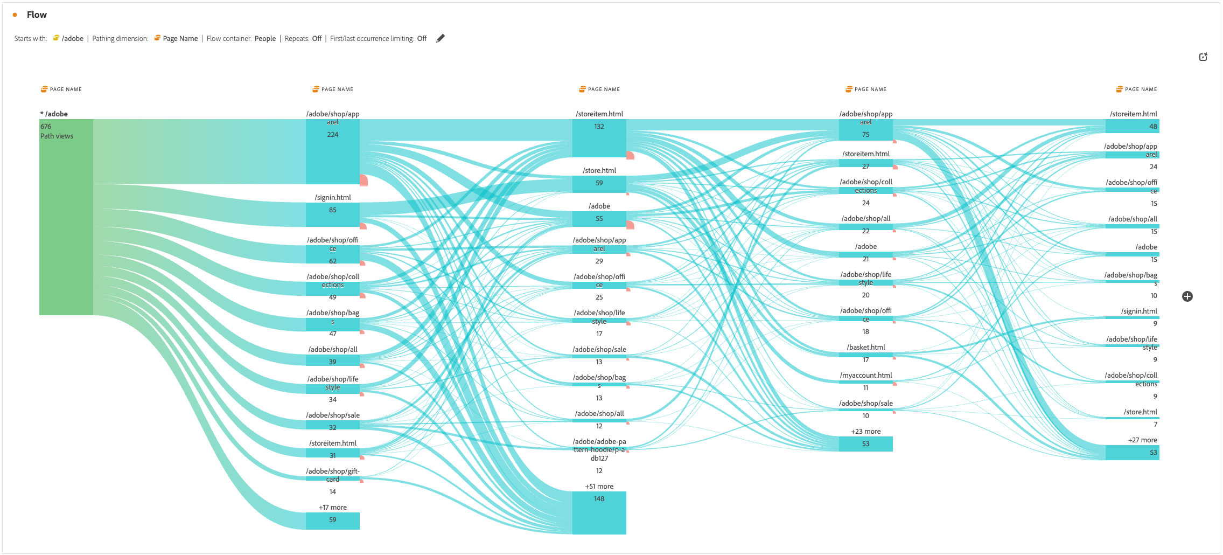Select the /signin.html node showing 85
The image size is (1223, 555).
pyautogui.click(x=332, y=214)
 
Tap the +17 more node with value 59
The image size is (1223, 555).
pyautogui.click(x=332, y=521)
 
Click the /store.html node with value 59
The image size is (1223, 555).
pyautogui.click(x=599, y=184)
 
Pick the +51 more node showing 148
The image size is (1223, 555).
pyautogui.click(x=599, y=512)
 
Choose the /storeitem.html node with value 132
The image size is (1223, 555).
pyautogui.click(x=599, y=138)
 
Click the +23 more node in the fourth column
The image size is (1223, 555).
pyautogui.click(x=865, y=443)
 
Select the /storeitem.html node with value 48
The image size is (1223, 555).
pyautogui.click(x=1132, y=126)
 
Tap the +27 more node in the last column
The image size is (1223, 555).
pyautogui.click(x=1132, y=452)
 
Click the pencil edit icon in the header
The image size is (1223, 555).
pyautogui.click(x=441, y=38)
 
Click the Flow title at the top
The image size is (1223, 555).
pyautogui.click(x=37, y=15)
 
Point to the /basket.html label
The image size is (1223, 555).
pyautogui.click(x=865, y=347)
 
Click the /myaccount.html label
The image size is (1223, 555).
pyautogui.click(x=865, y=375)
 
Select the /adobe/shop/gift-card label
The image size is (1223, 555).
pyautogui.click(x=332, y=475)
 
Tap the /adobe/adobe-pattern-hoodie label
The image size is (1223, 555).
pyautogui.click(x=599, y=449)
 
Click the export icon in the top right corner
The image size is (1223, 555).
pyautogui.click(x=1203, y=57)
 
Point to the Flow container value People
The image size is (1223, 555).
pyautogui.click(x=265, y=38)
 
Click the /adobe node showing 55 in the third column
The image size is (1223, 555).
pyautogui.click(x=599, y=219)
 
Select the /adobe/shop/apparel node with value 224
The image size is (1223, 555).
pyautogui.click(x=332, y=151)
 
